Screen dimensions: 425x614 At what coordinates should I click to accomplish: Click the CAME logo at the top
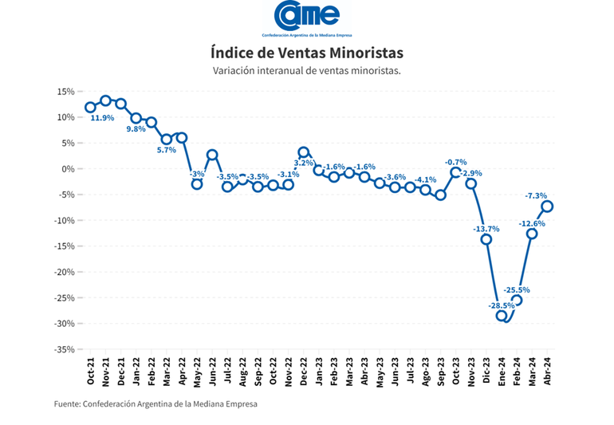pos(307,18)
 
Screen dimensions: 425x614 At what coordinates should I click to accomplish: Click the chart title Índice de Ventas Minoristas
pos(307,53)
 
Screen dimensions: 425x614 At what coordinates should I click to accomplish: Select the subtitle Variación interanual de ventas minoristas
pos(307,71)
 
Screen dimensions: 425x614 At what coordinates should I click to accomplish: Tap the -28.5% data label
pos(502,305)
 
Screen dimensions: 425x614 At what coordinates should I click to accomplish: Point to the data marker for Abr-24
pos(548,206)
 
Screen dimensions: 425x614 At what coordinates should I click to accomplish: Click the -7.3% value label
pos(536,195)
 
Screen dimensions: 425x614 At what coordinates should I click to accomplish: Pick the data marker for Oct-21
pos(90,108)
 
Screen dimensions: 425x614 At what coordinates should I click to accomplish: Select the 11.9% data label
pos(102,118)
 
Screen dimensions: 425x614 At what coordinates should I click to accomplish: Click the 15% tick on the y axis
pos(66,92)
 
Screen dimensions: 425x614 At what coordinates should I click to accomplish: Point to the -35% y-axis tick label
pos(65,349)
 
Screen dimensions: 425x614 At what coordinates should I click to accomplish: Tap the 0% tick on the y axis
pos(69,169)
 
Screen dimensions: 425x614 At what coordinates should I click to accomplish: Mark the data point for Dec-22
pos(304,152)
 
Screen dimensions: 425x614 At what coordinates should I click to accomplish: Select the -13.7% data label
pos(486,229)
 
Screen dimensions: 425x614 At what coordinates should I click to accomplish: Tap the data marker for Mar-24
pos(532,234)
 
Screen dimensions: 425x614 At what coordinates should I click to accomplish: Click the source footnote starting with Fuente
pos(155,403)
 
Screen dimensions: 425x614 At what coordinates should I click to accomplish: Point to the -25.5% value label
pos(517,290)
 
